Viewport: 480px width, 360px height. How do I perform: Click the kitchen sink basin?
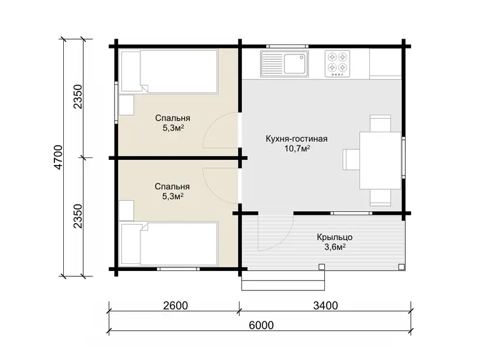click(294, 64)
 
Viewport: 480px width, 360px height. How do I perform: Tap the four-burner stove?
click(337, 64)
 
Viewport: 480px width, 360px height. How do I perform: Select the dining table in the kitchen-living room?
click(380, 160)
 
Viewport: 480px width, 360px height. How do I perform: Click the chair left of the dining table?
click(351, 159)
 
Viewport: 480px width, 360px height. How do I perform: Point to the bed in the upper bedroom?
click(169, 71)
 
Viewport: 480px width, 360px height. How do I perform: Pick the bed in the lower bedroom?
click(169, 244)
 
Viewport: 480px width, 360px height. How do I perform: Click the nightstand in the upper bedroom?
click(126, 105)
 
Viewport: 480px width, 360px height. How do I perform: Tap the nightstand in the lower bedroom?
click(126, 210)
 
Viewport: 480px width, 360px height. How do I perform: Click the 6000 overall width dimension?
click(261, 325)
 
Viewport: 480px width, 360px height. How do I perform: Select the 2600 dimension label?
click(176, 306)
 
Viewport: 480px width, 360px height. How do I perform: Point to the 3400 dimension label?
click(325, 306)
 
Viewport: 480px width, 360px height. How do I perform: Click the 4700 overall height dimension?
click(58, 157)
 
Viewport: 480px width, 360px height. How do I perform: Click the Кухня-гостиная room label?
click(296, 139)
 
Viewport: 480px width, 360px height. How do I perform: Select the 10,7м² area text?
click(297, 149)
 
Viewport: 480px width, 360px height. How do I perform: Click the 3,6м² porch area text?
click(335, 247)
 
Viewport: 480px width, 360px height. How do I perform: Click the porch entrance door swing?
click(284, 239)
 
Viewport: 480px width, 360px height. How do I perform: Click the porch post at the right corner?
click(402, 267)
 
